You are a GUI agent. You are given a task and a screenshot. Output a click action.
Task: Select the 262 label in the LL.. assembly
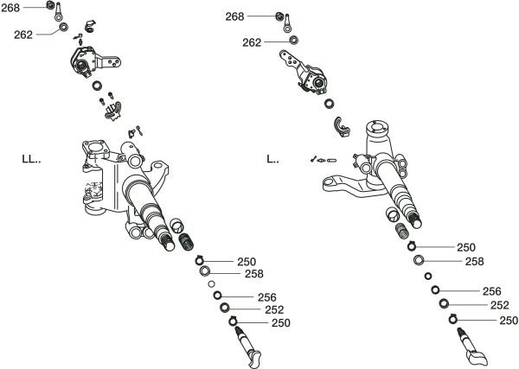click(24, 35)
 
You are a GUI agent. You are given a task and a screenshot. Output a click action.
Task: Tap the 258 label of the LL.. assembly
click(253, 274)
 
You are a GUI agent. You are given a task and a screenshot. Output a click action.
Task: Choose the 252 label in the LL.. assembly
click(274, 309)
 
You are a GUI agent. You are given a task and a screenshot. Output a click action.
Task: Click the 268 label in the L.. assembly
click(234, 16)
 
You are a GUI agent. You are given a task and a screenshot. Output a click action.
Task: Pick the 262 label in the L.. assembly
click(252, 41)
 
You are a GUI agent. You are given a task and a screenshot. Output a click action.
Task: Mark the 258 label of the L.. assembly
click(474, 261)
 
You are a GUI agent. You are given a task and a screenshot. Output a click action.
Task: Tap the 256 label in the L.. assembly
click(491, 291)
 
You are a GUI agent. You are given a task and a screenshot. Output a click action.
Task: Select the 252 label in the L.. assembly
click(499, 305)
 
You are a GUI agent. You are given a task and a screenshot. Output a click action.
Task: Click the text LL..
click(32, 159)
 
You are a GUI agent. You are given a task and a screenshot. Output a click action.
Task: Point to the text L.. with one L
click(273, 159)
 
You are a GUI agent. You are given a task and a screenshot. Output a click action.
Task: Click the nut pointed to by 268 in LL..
click(54, 10)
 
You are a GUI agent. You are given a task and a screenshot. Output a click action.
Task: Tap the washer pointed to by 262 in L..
click(294, 41)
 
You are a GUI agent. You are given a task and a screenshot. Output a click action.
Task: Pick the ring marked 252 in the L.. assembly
click(444, 303)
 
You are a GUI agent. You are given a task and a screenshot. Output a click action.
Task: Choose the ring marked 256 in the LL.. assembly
click(218, 296)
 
